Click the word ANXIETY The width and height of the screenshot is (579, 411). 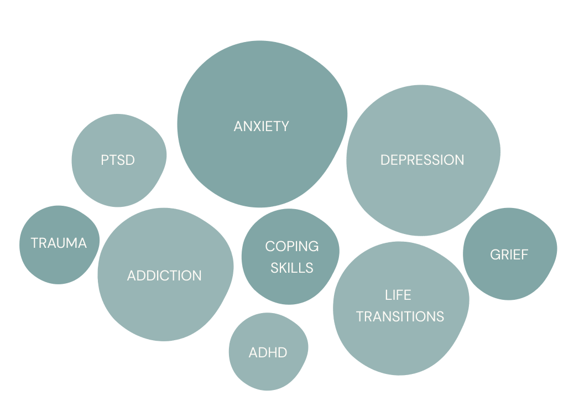(x=261, y=126)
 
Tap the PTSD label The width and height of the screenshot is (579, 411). (x=118, y=160)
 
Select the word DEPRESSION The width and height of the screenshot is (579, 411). (x=422, y=160)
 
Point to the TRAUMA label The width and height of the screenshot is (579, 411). (x=59, y=243)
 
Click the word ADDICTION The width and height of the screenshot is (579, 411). (x=164, y=275)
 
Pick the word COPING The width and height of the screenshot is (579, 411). (x=291, y=246)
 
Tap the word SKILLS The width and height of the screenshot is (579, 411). (x=292, y=268)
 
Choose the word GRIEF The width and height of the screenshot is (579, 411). (x=509, y=255)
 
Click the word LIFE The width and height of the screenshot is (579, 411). (x=398, y=295)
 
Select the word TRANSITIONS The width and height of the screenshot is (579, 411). (x=400, y=316)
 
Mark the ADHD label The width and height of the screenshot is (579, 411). (x=268, y=352)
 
